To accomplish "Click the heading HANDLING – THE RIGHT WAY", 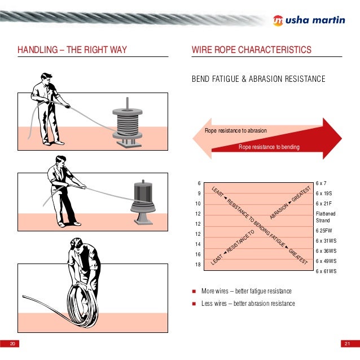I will [72, 51].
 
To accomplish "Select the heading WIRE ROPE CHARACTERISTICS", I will [252, 51].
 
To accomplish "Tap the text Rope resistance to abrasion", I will [235, 131].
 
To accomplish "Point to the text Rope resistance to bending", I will [269, 147].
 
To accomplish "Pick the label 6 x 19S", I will [323, 194].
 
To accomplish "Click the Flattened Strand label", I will [326, 217].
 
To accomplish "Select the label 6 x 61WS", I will [326, 271].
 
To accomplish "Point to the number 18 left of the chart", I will [197, 265].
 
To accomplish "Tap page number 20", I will [11, 344].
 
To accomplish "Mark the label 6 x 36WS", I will [326, 251].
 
